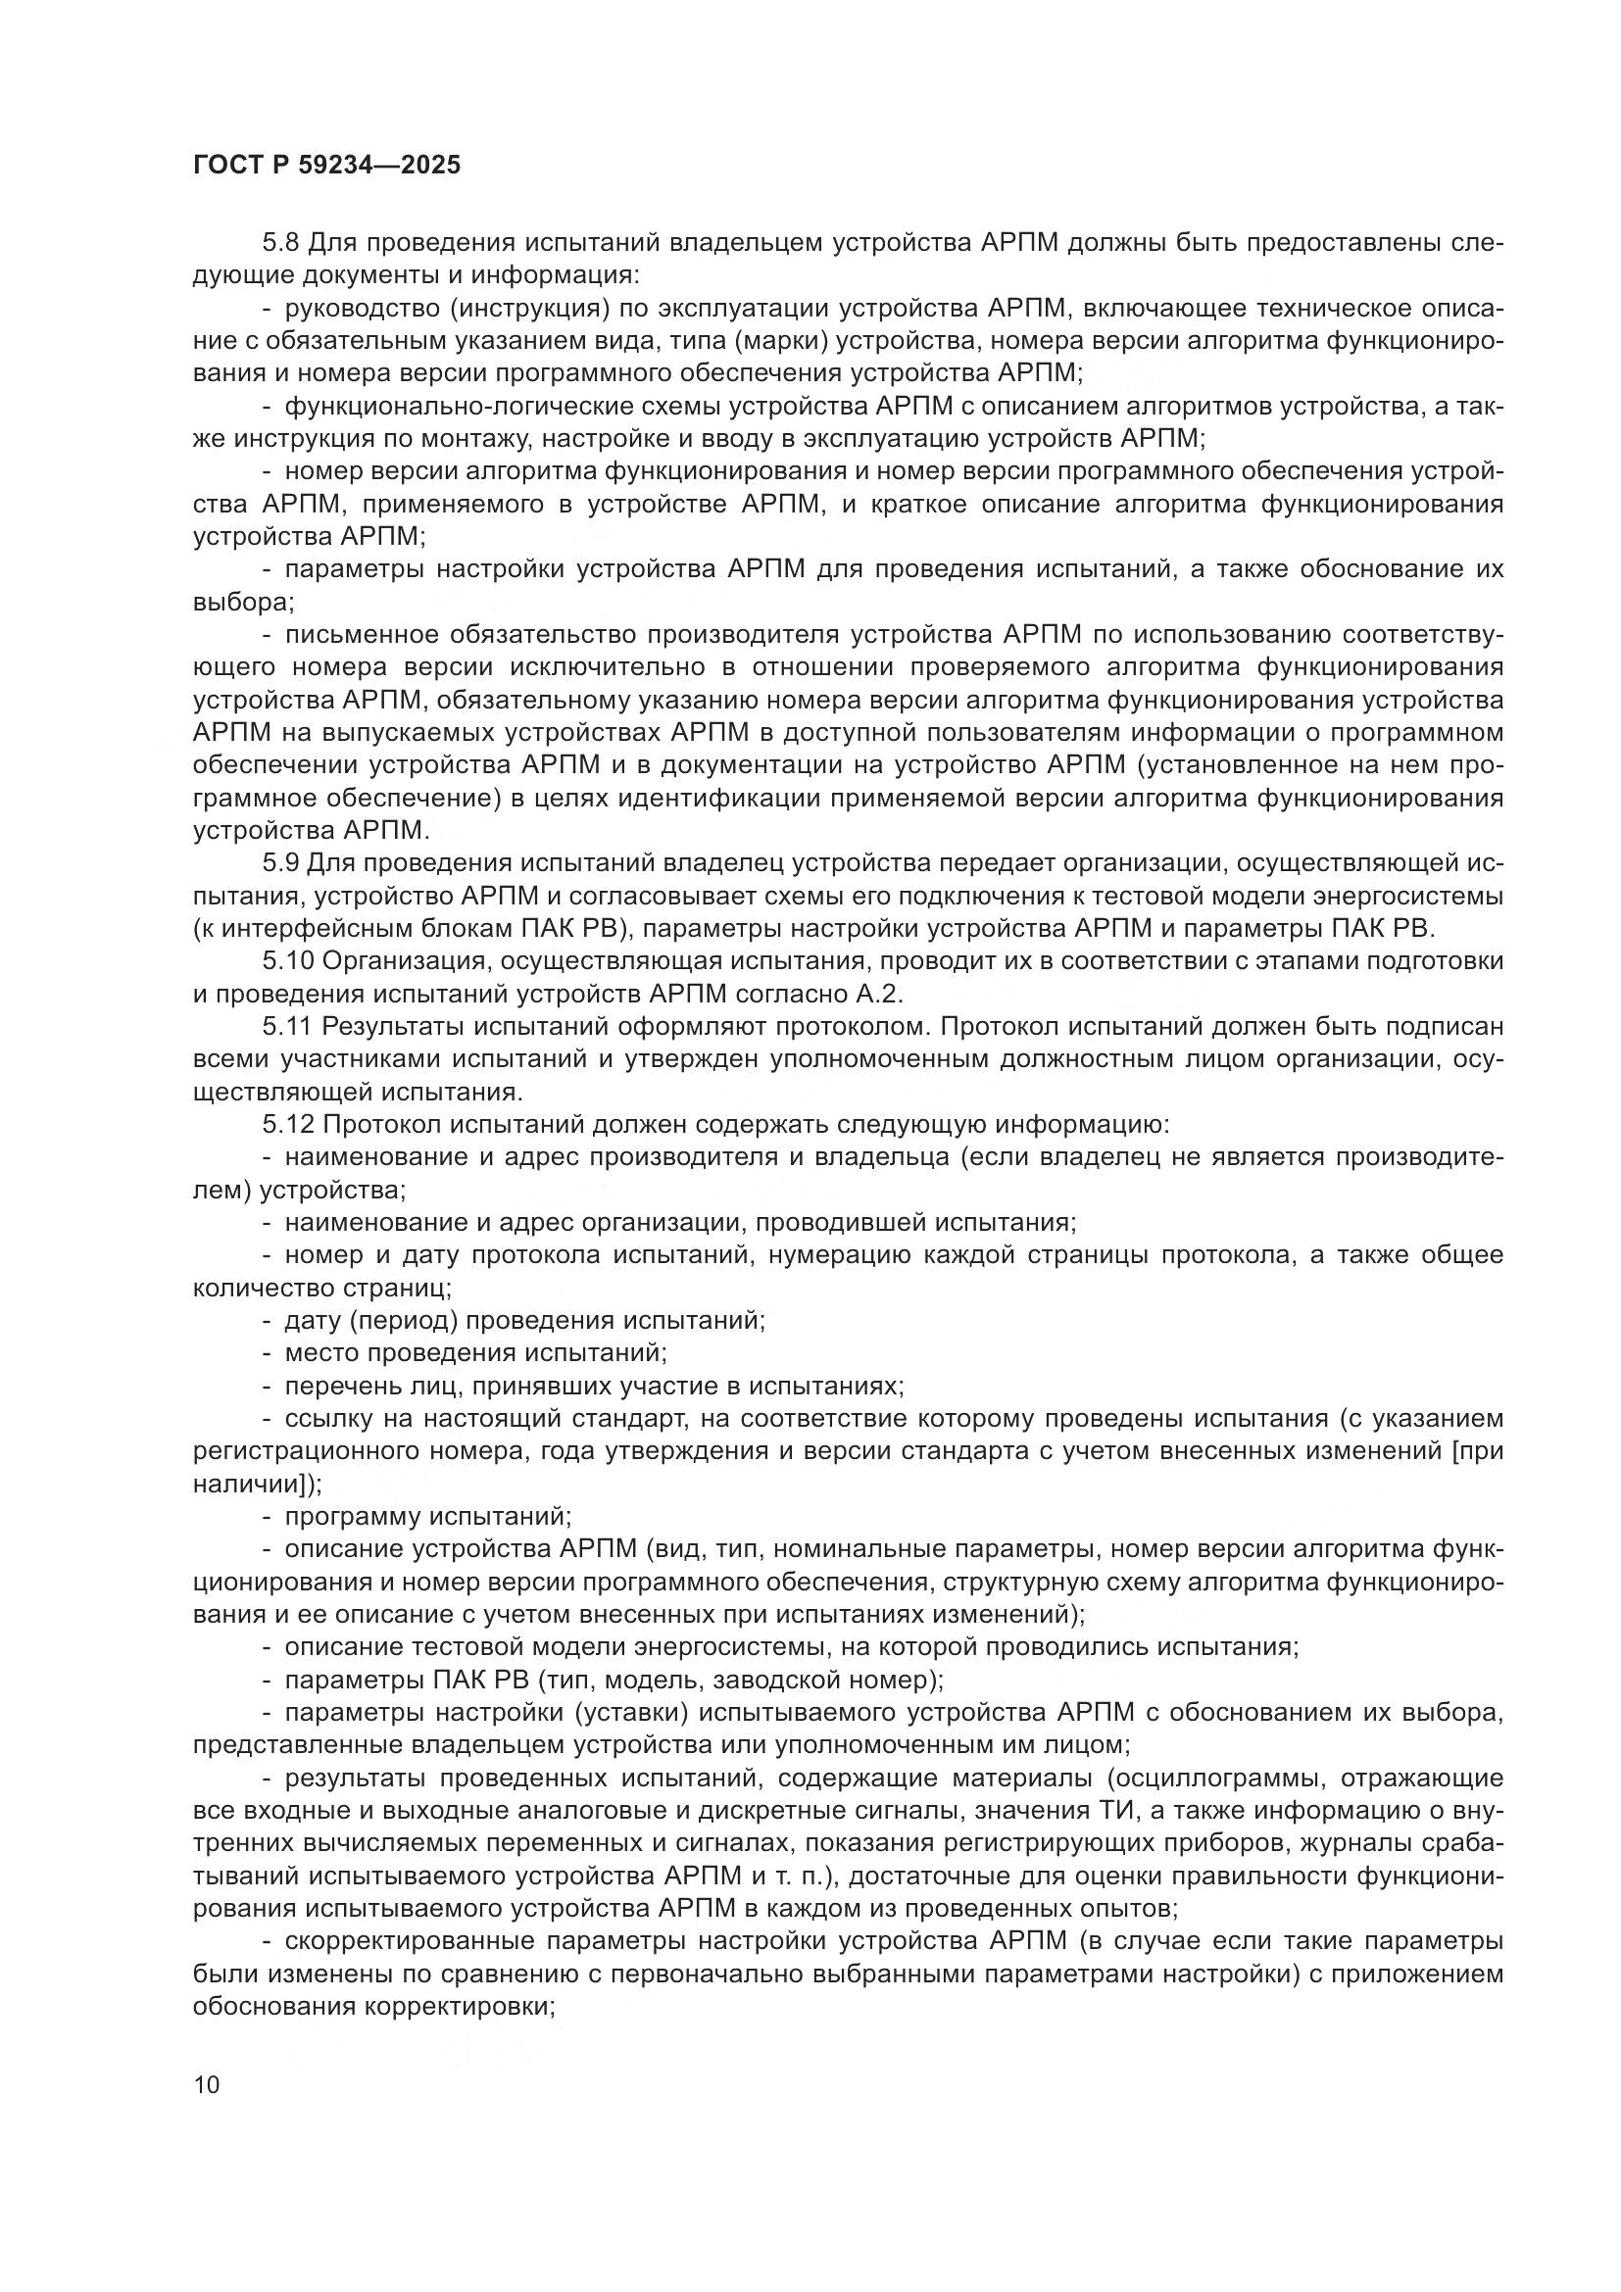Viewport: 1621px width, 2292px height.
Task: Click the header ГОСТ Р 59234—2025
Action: pos(326,166)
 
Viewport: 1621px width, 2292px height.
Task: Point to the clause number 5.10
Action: pos(286,961)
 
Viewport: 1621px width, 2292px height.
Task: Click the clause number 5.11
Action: pos(286,1026)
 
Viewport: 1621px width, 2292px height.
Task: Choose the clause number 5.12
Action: pos(286,1125)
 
